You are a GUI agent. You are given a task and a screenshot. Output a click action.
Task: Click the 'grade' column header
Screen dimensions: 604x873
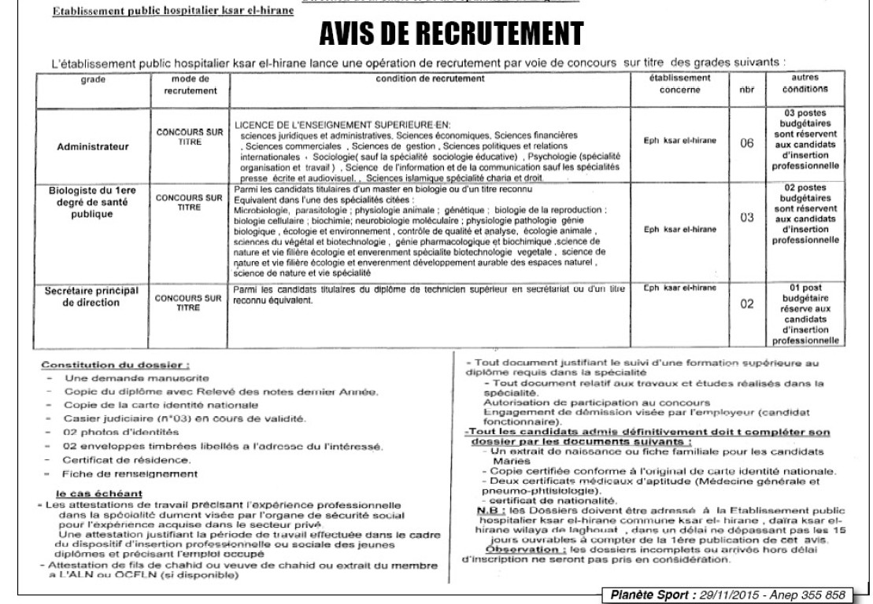[95, 79]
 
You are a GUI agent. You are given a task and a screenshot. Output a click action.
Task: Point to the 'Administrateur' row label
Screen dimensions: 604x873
[95, 146]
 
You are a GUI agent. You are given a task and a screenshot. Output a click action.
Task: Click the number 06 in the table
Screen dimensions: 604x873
[747, 146]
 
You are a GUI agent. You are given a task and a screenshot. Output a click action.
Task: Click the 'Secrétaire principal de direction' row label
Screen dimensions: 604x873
[95, 296]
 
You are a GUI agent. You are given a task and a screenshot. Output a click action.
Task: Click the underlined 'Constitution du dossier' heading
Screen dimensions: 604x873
[116, 365]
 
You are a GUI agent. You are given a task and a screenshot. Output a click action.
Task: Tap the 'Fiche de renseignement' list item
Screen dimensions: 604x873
[130, 473]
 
